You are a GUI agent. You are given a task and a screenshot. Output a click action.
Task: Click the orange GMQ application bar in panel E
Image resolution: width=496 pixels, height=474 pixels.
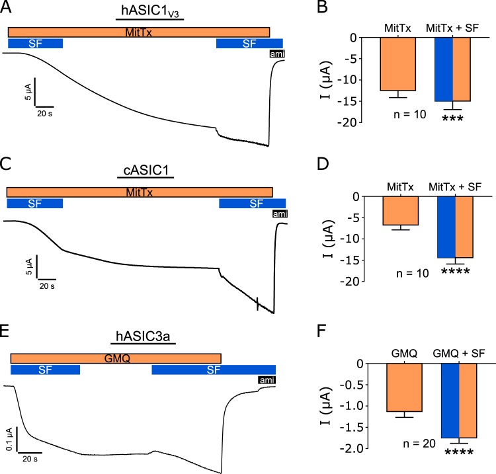116,358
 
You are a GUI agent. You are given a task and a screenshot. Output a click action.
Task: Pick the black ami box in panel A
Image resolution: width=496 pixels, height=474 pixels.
276,54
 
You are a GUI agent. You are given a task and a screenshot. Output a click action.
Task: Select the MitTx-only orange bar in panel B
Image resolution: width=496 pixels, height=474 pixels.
397,63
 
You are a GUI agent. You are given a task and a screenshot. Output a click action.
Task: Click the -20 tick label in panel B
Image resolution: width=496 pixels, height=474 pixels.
356,122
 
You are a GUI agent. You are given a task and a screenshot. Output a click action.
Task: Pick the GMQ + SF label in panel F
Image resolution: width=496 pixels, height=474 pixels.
458,354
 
